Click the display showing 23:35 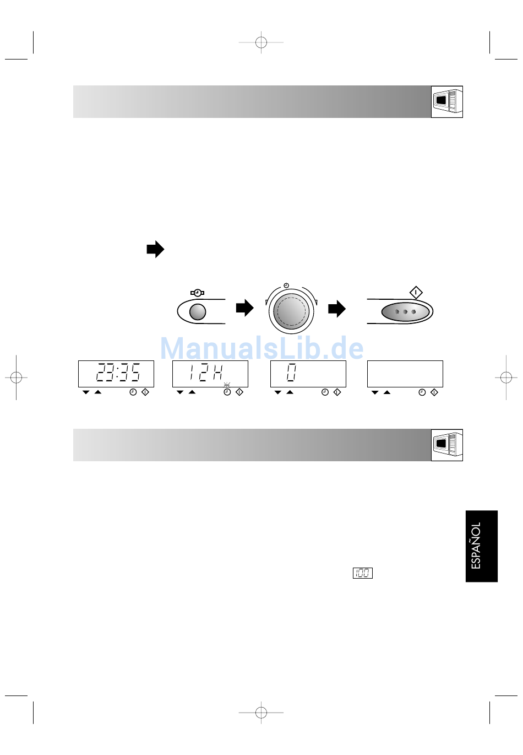[x=116, y=374]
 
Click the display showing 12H [x=210, y=374]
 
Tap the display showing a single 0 [x=308, y=374]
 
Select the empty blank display [x=405, y=374]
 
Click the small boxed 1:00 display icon [x=363, y=573]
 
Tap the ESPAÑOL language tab [x=482, y=546]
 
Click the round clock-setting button [x=198, y=312]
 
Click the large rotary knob [x=291, y=311]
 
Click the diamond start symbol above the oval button [x=416, y=292]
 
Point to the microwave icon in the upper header [x=447, y=101]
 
